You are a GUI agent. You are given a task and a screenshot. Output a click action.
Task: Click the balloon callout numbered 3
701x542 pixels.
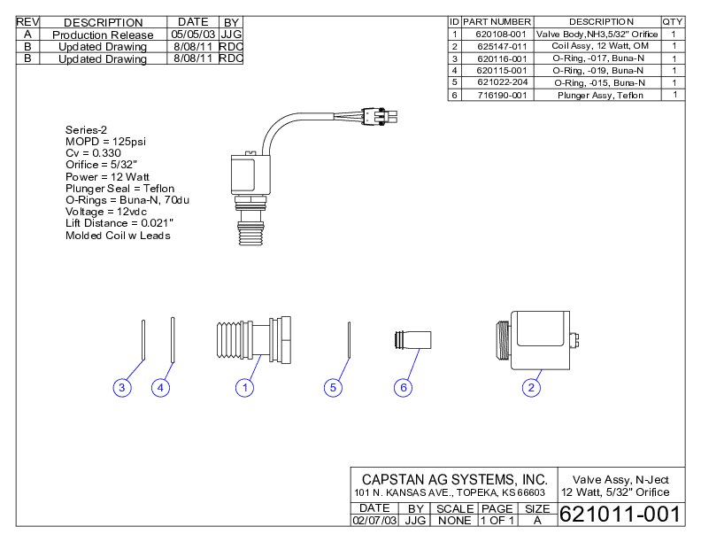123,387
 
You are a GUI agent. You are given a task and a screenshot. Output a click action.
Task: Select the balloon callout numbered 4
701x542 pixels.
160,387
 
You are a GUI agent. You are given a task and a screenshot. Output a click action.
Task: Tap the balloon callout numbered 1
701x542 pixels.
244,387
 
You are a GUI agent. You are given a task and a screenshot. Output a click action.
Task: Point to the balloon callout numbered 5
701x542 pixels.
333,387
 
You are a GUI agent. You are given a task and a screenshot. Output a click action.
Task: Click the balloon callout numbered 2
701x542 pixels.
532,387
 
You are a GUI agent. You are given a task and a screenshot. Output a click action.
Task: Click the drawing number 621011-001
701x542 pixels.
619,515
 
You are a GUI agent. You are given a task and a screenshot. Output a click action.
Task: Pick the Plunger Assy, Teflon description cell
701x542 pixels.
600,95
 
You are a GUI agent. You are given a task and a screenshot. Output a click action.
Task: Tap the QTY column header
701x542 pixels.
673,21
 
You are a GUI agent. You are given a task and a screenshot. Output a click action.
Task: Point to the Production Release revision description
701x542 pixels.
103,35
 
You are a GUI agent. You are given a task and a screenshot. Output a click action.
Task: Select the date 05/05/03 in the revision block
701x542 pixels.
192,34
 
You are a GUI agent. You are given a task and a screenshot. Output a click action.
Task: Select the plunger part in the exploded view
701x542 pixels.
411,340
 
